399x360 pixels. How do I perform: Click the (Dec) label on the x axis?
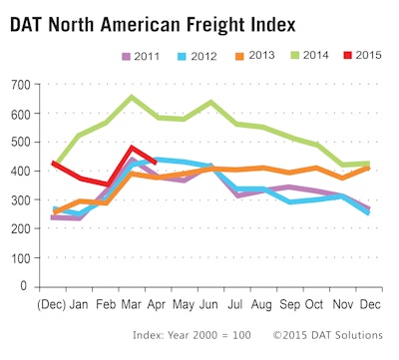coord(53,302)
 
